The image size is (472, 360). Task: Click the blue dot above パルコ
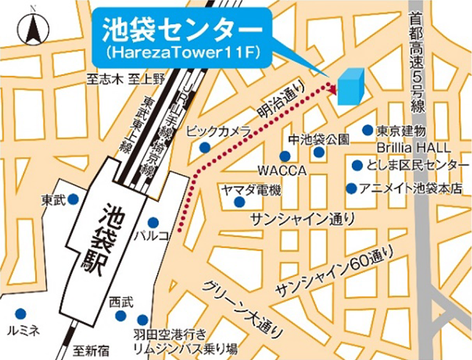tap(153, 221)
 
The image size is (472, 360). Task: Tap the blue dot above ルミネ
tap(21, 314)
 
